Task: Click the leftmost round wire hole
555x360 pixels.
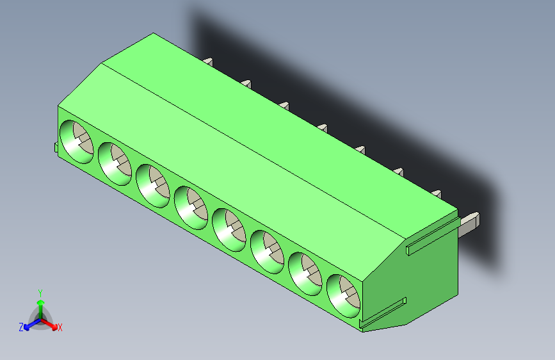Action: (76, 141)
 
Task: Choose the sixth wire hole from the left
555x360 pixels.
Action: (267, 250)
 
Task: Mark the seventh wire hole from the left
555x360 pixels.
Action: (305, 273)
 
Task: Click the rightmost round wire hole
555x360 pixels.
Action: (344, 295)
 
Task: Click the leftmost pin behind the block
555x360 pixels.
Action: (208, 61)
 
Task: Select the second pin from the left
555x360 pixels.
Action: (246, 83)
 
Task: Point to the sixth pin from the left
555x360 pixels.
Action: (399, 172)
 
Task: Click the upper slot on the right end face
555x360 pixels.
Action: (432, 242)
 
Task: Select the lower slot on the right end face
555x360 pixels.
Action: (384, 313)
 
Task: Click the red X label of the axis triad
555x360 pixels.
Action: (60, 327)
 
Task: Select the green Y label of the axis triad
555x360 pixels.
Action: (40, 291)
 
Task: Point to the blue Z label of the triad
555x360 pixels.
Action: (21, 327)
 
